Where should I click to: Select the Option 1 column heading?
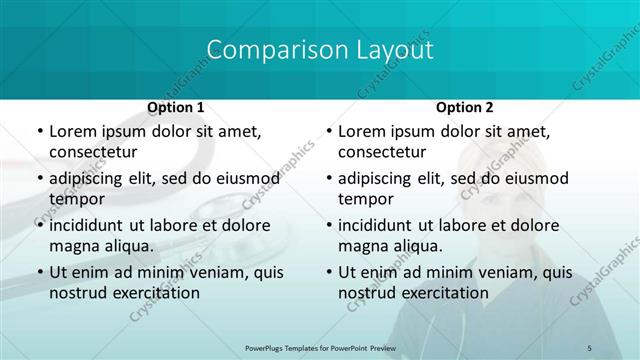click(176, 107)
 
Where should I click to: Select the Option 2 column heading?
click(464, 107)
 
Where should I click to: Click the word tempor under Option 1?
click(74, 199)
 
